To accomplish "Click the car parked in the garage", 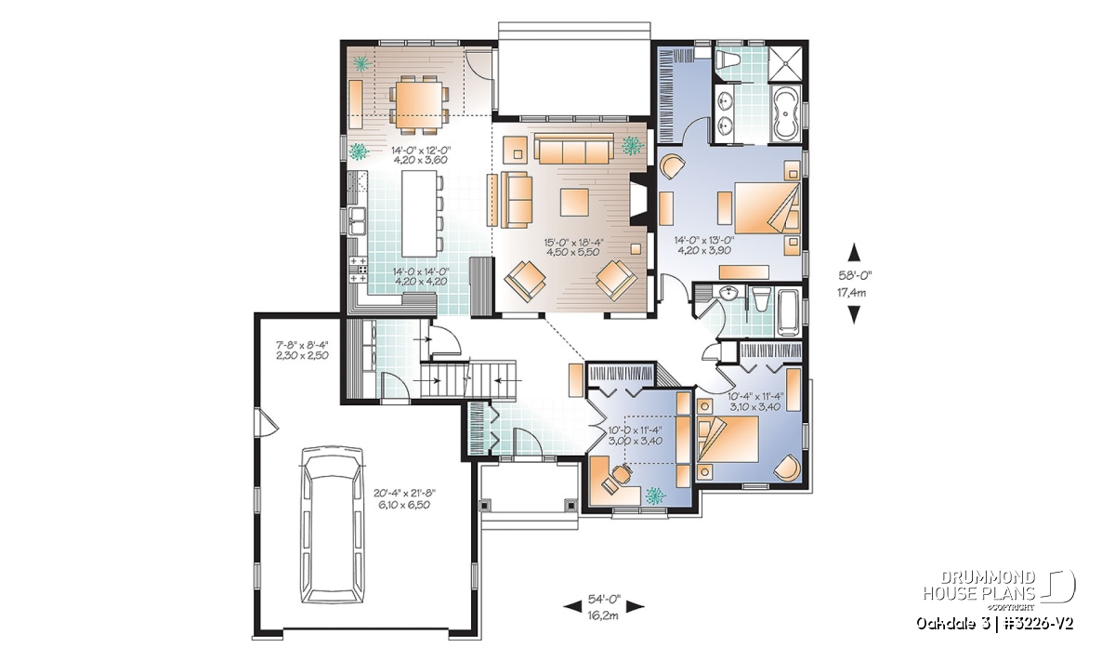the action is point(332,524).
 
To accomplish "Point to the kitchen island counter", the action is point(419,213).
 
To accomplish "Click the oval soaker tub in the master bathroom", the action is point(785,113).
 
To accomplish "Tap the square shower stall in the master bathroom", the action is point(785,64).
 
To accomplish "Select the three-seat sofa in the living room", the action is point(574,148).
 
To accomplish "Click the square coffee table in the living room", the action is point(574,202).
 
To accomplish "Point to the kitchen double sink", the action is point(357,220).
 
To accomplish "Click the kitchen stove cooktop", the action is point(358,270).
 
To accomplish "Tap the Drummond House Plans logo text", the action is point(979,586).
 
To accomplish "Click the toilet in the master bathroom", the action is point(727,59).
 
